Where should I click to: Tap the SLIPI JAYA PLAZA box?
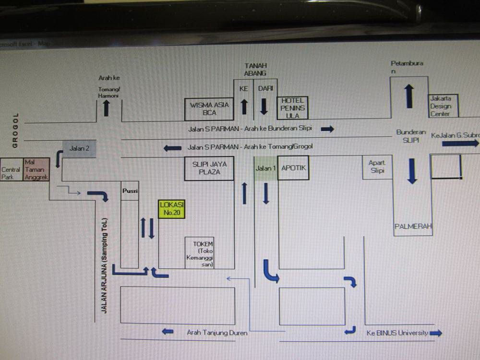point(209,168)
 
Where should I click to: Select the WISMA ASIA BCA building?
point(209,109)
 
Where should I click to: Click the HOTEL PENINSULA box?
point(292,108)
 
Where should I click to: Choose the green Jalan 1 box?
point(266,168)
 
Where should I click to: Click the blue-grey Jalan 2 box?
point(80,149)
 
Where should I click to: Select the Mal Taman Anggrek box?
point(36,169)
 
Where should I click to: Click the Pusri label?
point(130,191)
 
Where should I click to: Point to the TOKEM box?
point(200,252)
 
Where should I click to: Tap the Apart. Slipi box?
point(377,167)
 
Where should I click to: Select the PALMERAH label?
point(413,227)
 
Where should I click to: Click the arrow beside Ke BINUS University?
point(436,333)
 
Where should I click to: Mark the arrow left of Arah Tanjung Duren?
point(168,331)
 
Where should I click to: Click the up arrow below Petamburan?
point(408,96)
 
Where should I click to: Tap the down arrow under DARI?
point(264,106)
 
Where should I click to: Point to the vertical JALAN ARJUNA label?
point(105,265)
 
